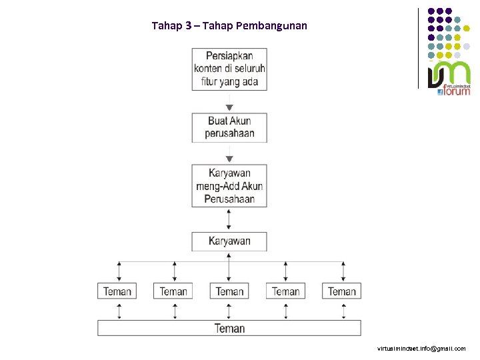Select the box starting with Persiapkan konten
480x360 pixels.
click(229, 69)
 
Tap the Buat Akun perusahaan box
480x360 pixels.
click(229, 127)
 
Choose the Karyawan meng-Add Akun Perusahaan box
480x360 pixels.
click(229, 186)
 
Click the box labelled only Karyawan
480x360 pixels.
click(229, 241)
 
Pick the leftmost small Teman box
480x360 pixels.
click(117, 291)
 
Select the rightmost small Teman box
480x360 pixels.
click(342, 291)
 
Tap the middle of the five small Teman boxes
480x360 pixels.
click(229, 291)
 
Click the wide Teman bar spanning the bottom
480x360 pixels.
click(229, 328)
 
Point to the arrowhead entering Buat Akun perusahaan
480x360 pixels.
click(229, 108)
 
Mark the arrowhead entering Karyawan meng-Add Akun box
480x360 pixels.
click(229, 159)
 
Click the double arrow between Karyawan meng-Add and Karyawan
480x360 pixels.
click(229, 219)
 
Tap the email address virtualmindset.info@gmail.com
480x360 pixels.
click(421, 349)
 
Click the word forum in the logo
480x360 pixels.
click(457, 91)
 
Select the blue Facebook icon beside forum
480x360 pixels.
click(440, 92)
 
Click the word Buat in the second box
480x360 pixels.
click(219, 121)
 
